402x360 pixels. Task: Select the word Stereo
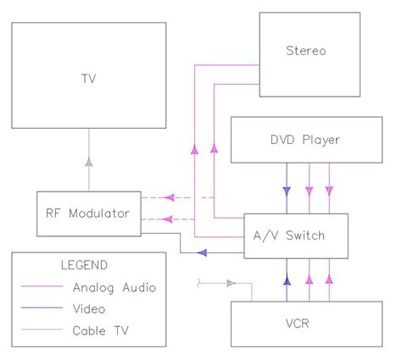click(305, 51)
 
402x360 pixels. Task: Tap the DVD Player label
click(307, 139)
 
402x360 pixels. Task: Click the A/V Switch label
click(296, 235)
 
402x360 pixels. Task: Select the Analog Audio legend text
click(114, 287)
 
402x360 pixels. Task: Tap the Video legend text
click(88, 309)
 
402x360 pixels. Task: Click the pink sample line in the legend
click(40, 287)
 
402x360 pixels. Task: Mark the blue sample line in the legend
click(40, 309)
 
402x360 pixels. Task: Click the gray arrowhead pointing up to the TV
click(87, 160)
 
